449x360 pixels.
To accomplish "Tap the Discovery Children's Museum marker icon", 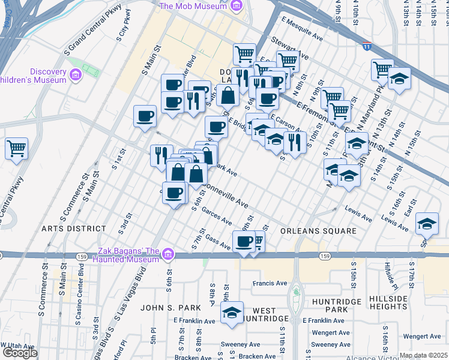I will coord(76,74).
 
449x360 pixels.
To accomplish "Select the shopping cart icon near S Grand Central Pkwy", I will coord(17,148).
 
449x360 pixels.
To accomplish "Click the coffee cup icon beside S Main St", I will coord(145,116).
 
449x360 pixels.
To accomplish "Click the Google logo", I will coord(20,353).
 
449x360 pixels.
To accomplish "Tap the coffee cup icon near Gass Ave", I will coord(244,241).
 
